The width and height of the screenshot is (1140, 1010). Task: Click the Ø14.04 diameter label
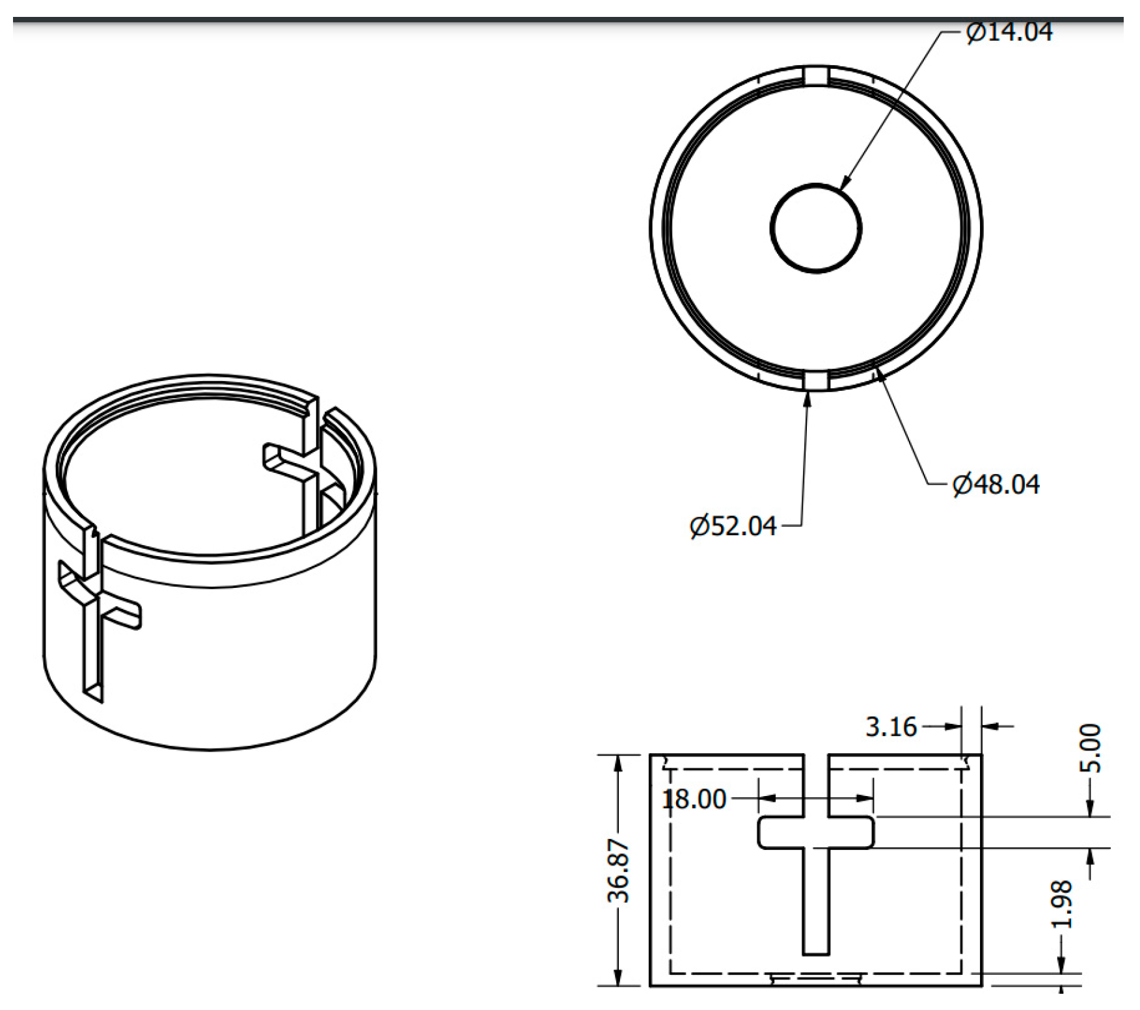1009,31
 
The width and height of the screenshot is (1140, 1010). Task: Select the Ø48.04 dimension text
996,485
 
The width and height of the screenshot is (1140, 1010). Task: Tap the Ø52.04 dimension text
733,525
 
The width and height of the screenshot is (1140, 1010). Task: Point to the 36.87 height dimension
619,871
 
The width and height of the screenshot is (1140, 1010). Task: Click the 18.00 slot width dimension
694,799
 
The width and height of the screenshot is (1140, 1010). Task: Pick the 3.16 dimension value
891,726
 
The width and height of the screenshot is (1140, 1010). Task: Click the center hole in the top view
816,228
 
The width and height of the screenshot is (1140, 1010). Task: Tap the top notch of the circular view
816,75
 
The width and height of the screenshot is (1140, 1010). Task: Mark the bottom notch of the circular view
816,380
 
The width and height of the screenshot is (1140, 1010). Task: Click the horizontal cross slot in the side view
816,832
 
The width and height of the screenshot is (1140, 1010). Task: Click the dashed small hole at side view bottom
816,977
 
